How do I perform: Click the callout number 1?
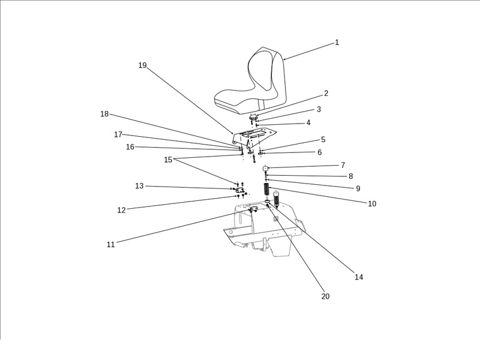337,43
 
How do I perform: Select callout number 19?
142,65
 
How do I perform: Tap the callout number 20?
325,296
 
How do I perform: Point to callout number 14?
359,277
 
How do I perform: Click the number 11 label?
110,245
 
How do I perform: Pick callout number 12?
121,210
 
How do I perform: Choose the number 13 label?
139,186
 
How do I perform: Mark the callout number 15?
168,160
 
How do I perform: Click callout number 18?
104,114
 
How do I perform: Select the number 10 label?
372,204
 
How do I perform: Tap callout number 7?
343,165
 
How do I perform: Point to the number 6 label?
319,152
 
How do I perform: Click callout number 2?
326,94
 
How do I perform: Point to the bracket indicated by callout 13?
239,190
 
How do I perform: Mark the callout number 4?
308,122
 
